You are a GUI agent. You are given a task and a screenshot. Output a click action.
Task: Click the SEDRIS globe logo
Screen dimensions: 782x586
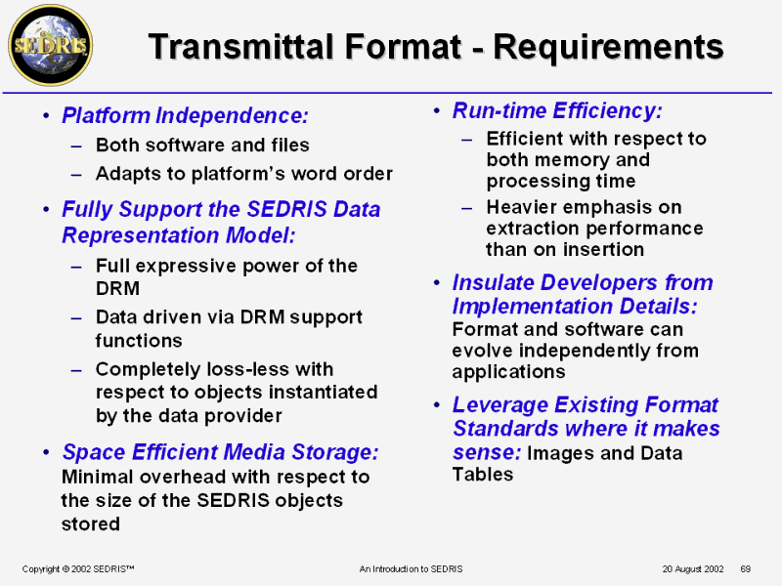pyautogui.click(x=51, y=46)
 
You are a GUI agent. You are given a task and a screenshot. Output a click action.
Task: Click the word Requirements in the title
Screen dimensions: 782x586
pyautogui.click(x=608, y=47)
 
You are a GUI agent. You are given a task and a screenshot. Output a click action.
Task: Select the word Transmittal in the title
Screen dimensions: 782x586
pyautogui.click(x=240, y=46)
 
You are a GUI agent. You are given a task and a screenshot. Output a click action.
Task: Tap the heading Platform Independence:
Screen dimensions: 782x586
pyautogui.click(x=185, y=115)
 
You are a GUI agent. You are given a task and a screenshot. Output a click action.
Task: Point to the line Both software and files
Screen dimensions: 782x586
pyautogui.click(x=202, y=145)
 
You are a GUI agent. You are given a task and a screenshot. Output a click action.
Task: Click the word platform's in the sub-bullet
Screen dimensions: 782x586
pyautogui.click(x=239, y=174)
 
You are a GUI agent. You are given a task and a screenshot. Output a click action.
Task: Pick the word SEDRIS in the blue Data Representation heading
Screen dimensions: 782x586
pyautogui.click(x=286, y=209)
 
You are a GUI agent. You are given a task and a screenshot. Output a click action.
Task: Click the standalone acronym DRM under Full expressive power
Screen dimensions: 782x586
pyautogui.click(x=117, y=288)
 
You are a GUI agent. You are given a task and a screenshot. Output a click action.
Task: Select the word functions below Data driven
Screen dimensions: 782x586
pyautogui.click(x=139, y=341)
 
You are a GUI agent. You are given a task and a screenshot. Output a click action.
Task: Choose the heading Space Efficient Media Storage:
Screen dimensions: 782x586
pyautogui.click(x=220, y=452)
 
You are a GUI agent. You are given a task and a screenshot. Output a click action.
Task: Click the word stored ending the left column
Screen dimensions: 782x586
pyautogui.click(x=91, y=524)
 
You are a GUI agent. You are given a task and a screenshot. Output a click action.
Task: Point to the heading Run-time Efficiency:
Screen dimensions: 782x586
pyautogui.click(x=557, y=110)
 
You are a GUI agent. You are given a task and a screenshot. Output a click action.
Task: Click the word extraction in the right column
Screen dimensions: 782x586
pyautogui.click(x=535, y=229)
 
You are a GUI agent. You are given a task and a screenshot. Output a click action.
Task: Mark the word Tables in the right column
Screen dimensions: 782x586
pyautogui.click(x=483, y=475)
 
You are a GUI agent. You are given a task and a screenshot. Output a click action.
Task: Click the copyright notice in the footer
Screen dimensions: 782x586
pyautogui.click(x=78, y=569)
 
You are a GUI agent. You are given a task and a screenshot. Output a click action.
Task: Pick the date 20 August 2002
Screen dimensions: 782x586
pyautogui.click(x=693, y=569)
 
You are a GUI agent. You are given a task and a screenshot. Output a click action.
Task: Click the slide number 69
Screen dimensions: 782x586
pyautogui.click(x=746, y=569)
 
